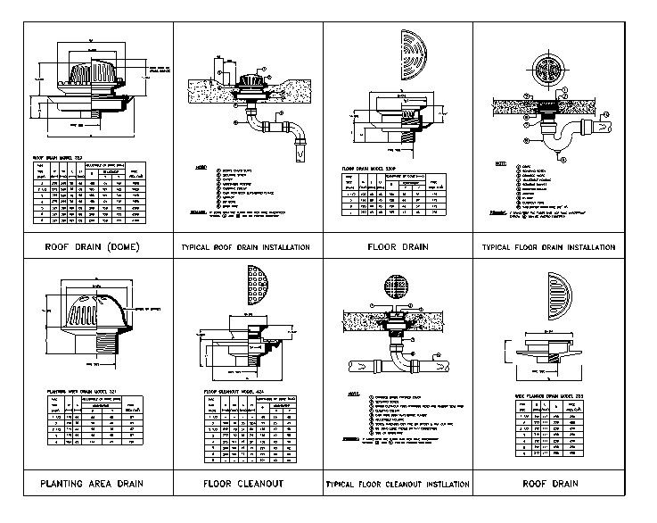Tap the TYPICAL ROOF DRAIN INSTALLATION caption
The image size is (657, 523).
245,246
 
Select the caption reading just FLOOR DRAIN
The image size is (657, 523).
397,246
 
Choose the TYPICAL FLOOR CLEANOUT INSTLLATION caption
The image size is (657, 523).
397,485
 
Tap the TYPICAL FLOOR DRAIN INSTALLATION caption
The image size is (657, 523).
548,246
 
